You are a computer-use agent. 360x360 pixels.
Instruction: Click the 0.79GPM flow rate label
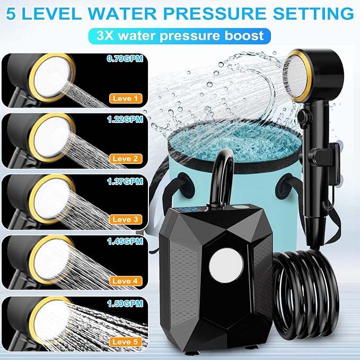(125, 58)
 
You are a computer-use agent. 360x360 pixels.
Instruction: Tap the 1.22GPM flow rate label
(125, 119)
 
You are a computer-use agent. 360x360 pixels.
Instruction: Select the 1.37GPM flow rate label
(125, 181)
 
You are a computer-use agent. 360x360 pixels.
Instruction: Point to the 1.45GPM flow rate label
(125, 241)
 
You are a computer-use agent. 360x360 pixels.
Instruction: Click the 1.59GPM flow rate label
(125, 303)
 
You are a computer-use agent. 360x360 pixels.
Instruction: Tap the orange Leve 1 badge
(126, 99)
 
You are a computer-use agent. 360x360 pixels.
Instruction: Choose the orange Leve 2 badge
(126, 159)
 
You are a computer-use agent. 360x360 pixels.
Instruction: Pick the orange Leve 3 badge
(126, 219)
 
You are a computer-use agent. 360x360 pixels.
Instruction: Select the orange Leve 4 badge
(126, 281)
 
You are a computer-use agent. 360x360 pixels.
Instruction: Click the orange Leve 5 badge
(126, 341)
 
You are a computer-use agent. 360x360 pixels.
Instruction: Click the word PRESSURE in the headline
(214, 14)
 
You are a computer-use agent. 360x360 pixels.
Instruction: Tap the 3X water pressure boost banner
(180, 36)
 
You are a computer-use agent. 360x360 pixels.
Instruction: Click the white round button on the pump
(226, 265)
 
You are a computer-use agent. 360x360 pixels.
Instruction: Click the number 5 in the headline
(11, 14)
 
